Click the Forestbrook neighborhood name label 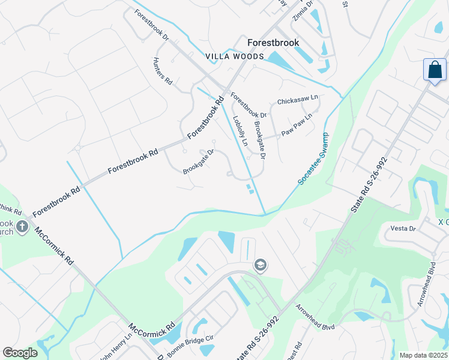pos(273,43)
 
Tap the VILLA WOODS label pos(235,56)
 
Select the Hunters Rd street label pos(163,71)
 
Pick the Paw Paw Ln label pos(298,125)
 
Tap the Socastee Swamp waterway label pos(312,158)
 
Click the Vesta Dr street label pos(403,229)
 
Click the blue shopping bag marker pos(435,70)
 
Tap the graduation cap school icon pos(261,265)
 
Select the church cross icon pos(22,227)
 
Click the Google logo pos(20,353)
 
